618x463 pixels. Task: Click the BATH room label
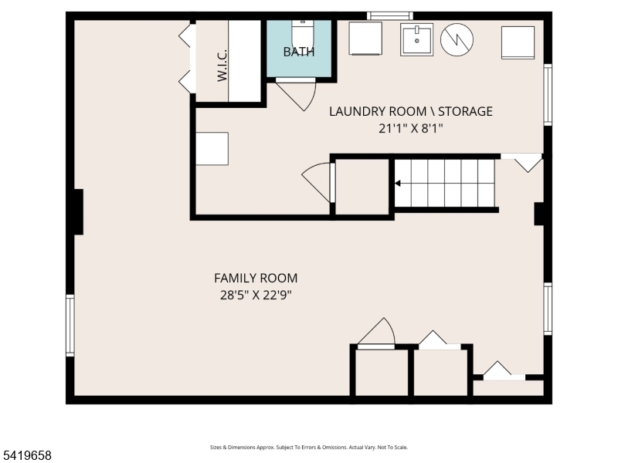tap(299, 52)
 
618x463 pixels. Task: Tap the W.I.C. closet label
tap(222, 65)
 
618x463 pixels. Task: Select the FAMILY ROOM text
tap(256, 278)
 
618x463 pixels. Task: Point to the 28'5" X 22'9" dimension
tap(256, 295)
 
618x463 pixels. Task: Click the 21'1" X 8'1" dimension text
tap(411, 128)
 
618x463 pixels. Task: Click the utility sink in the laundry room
tap(416, 39)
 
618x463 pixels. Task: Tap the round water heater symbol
tap(457, 39)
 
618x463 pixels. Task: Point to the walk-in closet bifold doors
tap(188, 59)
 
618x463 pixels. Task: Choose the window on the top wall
tap(390, 15)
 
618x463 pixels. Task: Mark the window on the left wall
tap(70, 326)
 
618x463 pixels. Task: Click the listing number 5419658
tap(25, 455)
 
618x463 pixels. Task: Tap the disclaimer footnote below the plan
tap(308, 448)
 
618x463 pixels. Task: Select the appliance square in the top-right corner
tap(518, 42)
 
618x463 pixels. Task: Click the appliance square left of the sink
tap(365, 38)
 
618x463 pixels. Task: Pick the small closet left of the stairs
tap(362, 187)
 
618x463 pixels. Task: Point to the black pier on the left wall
tap(79, 211)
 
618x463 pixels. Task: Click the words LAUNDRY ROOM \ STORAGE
tap(411, 111)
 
